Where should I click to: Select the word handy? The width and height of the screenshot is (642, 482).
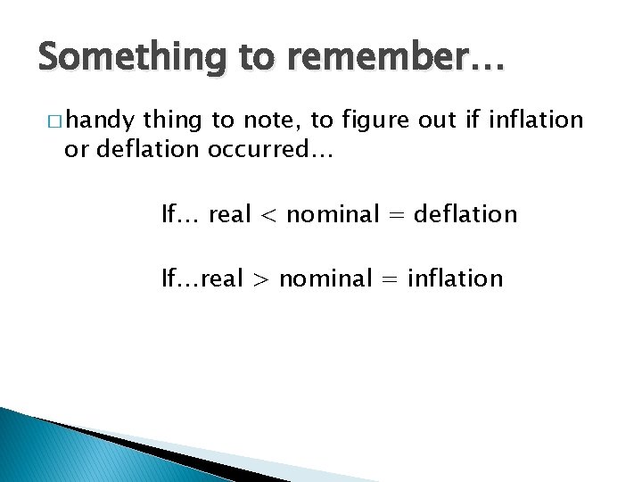99,119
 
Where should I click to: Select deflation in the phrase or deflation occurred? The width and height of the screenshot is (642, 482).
148,151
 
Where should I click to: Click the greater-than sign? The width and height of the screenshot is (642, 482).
261,279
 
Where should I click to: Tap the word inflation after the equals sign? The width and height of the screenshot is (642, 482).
455,278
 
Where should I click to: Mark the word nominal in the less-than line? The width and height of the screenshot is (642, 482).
331,214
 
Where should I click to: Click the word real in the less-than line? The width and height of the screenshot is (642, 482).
230,214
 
